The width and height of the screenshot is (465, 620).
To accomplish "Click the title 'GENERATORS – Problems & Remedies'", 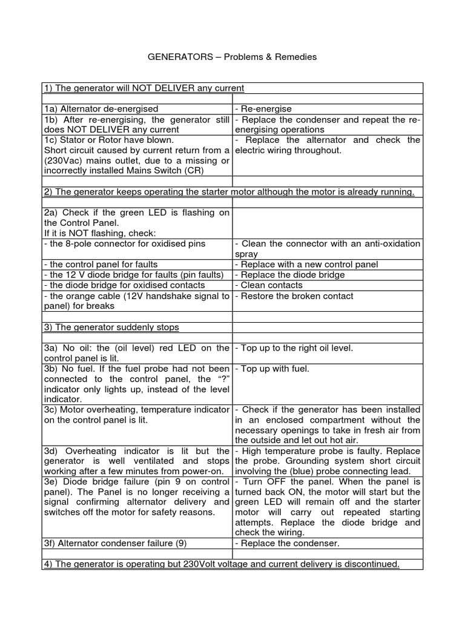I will pyautogui.click(x=232, y=57).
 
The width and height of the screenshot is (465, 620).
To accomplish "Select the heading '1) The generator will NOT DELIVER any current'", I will pyautogui.click(x=143, y=88).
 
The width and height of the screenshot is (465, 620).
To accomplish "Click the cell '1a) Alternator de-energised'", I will pyautogui.click(x=101, y=108).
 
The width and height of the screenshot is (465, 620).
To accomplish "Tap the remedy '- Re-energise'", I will pyautogui.click(x=263, y=108).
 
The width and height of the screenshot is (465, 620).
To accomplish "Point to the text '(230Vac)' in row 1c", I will pyautogui.click(x=62, y=160).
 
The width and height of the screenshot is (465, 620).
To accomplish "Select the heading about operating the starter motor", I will pyautogui.click(x=229, y=192).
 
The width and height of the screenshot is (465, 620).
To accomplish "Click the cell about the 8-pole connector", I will pyautogui.click(x=125, y=243).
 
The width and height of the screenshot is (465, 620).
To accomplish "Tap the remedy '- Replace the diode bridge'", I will pyautogui.click(x=289, y=274).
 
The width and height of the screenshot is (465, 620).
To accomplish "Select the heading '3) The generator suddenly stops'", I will pyautogui.click(x=111, y=327).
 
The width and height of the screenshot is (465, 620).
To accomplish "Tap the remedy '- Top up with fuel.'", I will pyautogui.click(x=272, y=368).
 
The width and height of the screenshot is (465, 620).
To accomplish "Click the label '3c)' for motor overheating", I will pyautogui.click(x=50, y=410).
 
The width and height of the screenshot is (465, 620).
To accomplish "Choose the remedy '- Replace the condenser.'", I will pyautogui.click(x=287, y=543).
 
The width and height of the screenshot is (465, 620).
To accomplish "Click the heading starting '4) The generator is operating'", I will pyautogui.click(x=222, y=564).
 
